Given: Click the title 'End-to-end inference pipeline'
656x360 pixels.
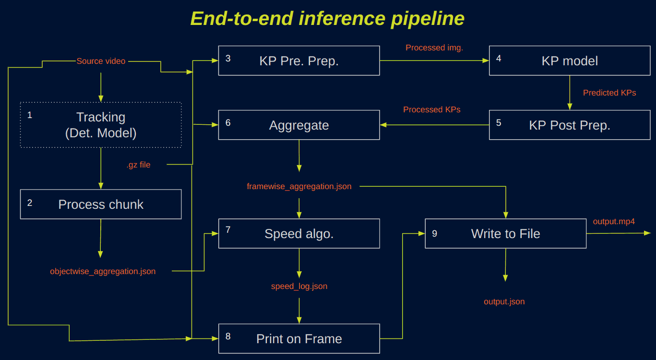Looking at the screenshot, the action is [327, 19].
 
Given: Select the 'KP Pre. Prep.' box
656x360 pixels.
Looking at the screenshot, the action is [299, 60].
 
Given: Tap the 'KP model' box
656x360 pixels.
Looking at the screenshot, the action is [570, 60].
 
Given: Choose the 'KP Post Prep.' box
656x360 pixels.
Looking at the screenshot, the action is [570, 125].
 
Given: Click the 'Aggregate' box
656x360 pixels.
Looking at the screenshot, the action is [299, 125].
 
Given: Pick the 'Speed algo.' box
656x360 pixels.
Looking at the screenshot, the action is [299, 233].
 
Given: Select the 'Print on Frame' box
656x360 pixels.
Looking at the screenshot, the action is [299, 338].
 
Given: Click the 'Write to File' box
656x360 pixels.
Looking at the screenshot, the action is [506, 233].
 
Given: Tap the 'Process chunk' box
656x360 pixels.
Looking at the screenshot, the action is [101, 204].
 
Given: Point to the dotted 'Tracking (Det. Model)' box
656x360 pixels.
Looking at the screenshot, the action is [101, 125].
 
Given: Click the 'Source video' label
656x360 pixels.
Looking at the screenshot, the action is [101, 61].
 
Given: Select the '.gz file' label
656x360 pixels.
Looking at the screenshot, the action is [139, 165].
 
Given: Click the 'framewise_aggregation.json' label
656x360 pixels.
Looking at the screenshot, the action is [299, 187].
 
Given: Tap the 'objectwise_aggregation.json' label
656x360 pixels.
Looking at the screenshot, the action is [103, 272].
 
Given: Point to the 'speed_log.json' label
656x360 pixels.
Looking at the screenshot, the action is [299, 286].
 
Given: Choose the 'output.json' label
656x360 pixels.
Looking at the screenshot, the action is [504, 302].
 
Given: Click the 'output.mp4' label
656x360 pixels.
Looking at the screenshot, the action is [614, 221].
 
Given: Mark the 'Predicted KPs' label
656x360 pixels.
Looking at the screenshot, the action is [609, 93].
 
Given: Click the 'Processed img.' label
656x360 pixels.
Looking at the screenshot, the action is [434, 48].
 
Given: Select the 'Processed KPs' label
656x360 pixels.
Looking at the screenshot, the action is [432, 109].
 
